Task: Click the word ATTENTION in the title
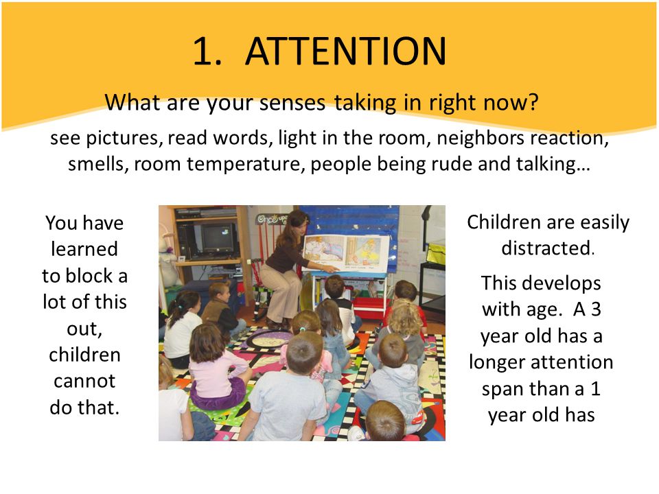[x=345, y=51]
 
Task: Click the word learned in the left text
[x=84, y=249]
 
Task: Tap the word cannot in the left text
[x=84, y=381]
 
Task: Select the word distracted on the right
[x=546, y=248]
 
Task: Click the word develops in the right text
[x=562, y=284]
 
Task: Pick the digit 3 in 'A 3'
[x=596, y=309]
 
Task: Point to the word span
[x=501, y=390]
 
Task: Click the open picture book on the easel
[x=346, y=252]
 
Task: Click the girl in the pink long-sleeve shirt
[x=215, y=366]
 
